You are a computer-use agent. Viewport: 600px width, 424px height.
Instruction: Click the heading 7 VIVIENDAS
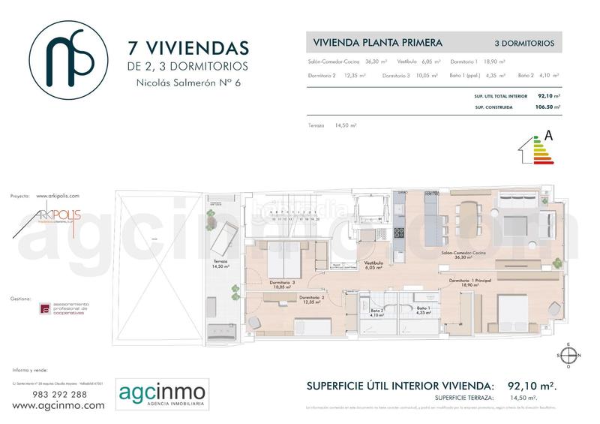pyautogui.click(x=188, y=49)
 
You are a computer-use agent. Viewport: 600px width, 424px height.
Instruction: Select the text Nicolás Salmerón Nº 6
pyautogui.click(x=188, y=85)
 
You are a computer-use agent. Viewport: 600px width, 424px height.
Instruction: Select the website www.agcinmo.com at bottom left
pyautogui.click(x=59, y=405)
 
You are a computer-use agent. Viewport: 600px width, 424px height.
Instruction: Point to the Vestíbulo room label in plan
pyautogui.click(x=374, y=265)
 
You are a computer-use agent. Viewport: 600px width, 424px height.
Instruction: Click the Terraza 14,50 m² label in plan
pyautogui.click(x=220, y=264)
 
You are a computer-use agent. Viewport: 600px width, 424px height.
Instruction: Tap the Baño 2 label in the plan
pyautogui.click(x=376, y=312)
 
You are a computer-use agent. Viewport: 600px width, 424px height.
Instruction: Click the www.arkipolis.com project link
pyautogui.click(x=57, y=195)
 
